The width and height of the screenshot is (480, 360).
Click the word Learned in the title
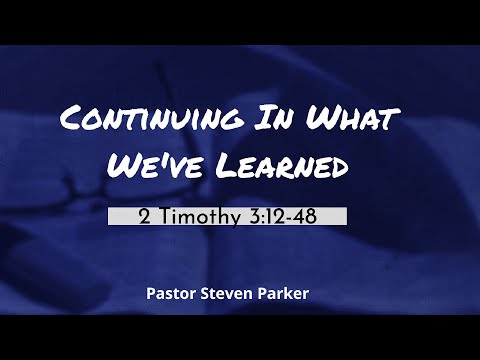click(284, 165)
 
